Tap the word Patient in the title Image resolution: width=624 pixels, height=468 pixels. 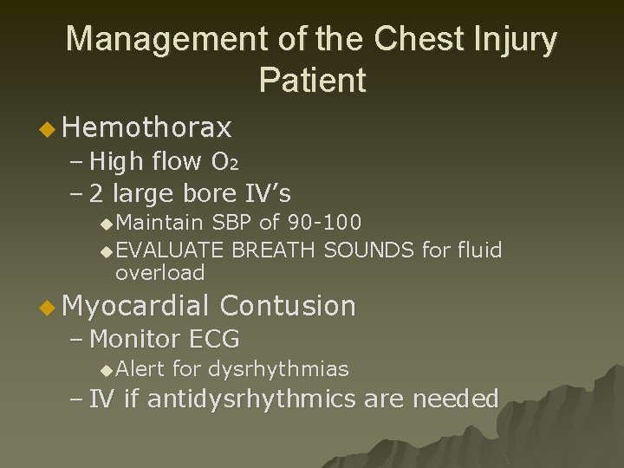click(312, 81)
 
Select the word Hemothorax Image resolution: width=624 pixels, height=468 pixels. click(147, 128)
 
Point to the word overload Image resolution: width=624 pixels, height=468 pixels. click(159, 273)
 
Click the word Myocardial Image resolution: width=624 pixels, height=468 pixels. click(137, 306)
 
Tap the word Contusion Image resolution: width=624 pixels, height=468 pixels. click(288, 306)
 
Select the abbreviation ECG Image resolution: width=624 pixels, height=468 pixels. click(213, 339)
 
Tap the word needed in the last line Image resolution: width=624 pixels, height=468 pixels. click(455, 400)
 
